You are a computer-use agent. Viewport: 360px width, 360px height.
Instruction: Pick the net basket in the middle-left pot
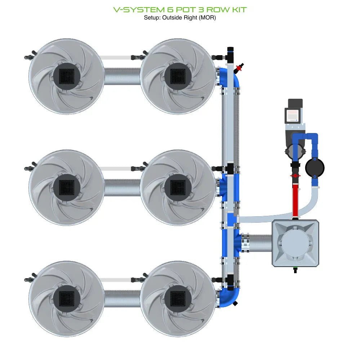(x=66, y=187)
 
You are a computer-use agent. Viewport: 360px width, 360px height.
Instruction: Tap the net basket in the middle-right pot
(x=178, y=187)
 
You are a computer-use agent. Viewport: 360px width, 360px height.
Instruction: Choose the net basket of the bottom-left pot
(x=66, y=298)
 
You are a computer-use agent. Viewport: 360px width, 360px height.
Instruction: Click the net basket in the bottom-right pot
(x=178, y=298)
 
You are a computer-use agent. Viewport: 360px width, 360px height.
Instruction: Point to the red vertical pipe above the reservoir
(x=295, y=200)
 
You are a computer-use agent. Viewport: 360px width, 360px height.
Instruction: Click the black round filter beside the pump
(x=315, y=167)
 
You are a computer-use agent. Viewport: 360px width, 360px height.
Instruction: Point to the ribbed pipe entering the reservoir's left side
(x=259, y=243)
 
